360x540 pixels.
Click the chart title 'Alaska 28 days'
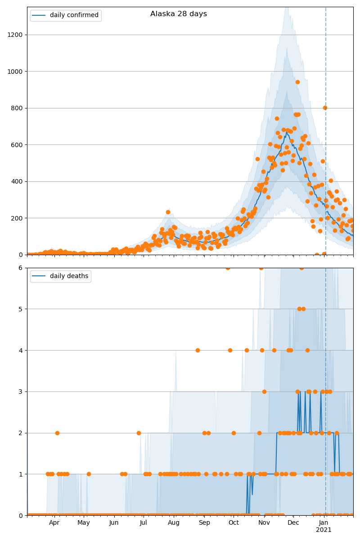(179, 14)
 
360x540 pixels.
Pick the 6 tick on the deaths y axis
(21, 268)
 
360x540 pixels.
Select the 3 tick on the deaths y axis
(21, 391)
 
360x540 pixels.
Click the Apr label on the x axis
(54, 523)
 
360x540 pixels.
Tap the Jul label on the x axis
(143, 523)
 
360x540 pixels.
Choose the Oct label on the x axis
(234, 523)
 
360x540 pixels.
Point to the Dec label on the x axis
(293, 523)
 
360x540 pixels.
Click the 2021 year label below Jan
(324, 530)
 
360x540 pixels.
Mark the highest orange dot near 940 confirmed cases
(297, 82)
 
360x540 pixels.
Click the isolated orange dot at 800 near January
(325, 108)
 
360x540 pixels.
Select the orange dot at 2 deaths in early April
(57, 433)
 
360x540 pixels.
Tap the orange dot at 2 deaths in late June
(139, 433)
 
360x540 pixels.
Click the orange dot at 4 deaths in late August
(198, 350)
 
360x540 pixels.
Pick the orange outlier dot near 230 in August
(168, 212)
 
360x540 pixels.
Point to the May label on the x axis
(84, 523)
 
